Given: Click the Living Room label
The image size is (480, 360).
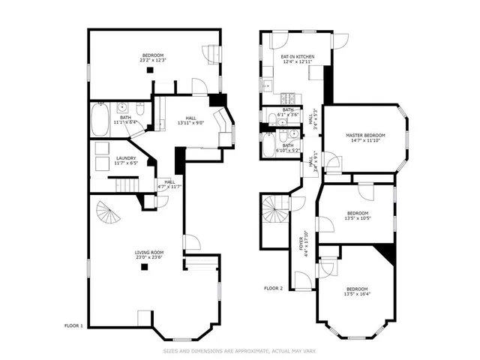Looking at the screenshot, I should pos(149,252).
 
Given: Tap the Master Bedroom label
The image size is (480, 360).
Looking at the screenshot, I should pos(365,135).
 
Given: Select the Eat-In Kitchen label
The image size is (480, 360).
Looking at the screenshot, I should pos(298,57).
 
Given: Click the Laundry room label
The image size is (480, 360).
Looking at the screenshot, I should pos(125,157).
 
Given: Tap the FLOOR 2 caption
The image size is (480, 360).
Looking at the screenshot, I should pos(273,288).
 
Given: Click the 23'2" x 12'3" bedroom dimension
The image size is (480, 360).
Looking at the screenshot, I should pos(154,60).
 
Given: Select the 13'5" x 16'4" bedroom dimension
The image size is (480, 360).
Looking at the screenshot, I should pos(357,294).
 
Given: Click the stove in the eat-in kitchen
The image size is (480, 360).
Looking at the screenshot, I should pos(285,98).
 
